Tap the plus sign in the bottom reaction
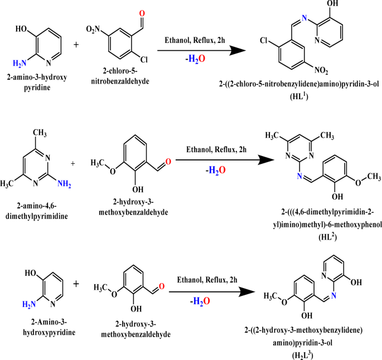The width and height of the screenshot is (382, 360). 76,284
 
